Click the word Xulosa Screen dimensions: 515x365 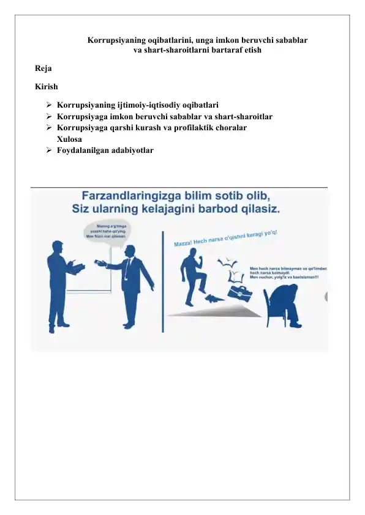pos(70,139)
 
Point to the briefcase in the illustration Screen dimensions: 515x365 pos(241,292)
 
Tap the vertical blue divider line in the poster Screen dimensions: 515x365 pos(162,281)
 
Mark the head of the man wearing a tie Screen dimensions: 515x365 pos(130,252)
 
